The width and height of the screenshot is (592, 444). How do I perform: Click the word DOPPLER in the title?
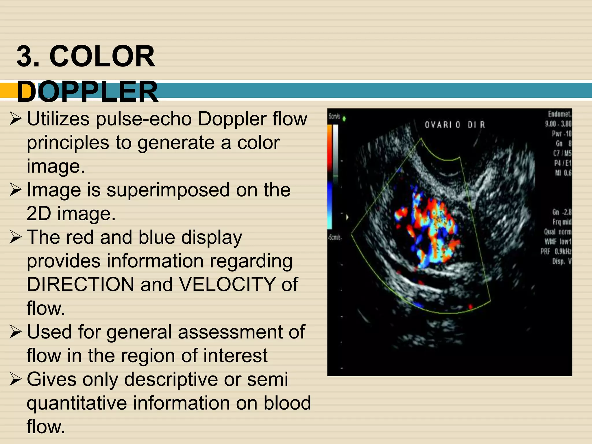(x=87, y=92)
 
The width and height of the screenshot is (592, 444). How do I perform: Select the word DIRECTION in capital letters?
(x=80, y=284)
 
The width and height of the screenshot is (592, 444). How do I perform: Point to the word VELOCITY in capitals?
(x=227, y=284)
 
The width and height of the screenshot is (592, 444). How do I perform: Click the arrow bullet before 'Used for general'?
(x=15, y=332)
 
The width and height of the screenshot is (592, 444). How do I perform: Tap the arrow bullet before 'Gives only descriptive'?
(x=15, y=380)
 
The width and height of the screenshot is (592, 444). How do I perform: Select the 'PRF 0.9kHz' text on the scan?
(x=556, y=251)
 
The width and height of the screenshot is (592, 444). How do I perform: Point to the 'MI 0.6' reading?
(x=563, y=173)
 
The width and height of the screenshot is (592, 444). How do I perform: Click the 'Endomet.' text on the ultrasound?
(x=560, y=114)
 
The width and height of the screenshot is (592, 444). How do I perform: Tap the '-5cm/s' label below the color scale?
(x=335, y=238)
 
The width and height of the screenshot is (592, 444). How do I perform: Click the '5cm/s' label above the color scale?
(x=334, y=116)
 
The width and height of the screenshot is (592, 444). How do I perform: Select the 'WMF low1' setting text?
(x=558, y=241)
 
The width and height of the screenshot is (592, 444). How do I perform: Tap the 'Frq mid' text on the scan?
(x=562, y=222)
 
